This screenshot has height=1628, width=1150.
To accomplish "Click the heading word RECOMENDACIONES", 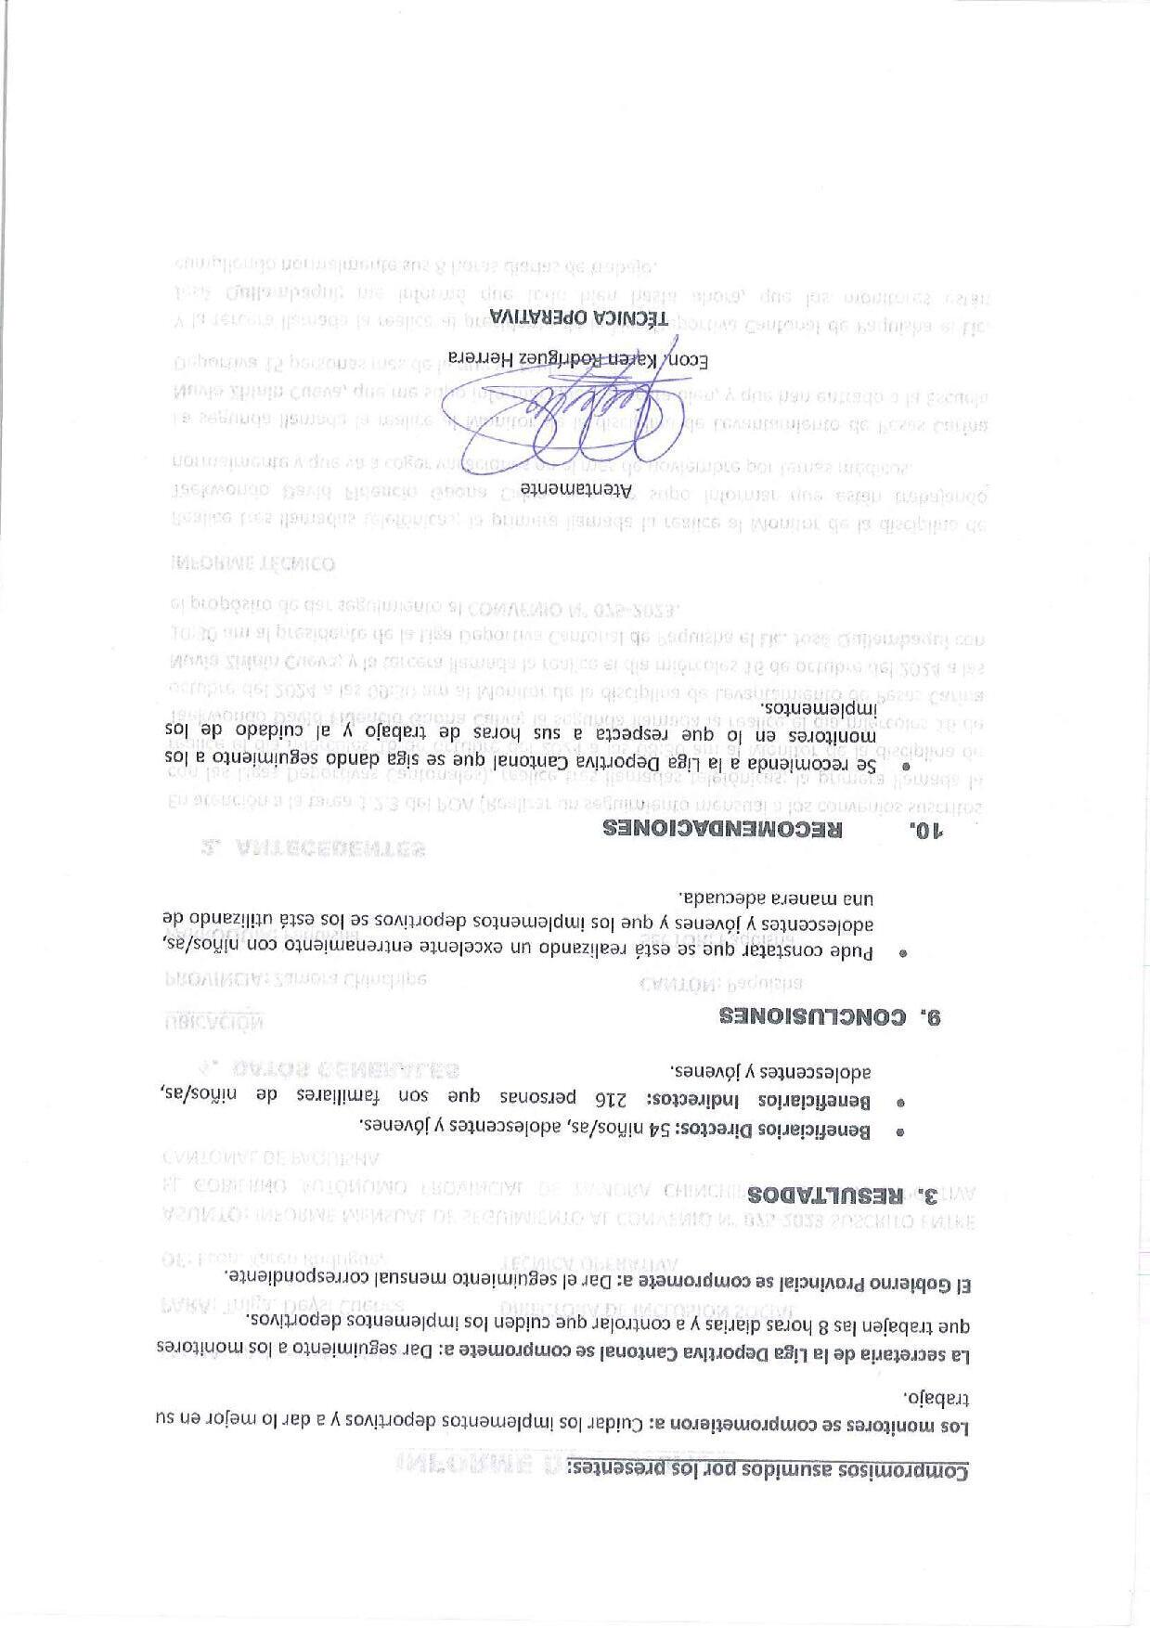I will click(x=722, y=829).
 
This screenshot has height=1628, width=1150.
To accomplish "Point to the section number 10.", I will click(x=926, y=829).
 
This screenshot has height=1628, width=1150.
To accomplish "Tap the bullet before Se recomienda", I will click(x=908, y=766).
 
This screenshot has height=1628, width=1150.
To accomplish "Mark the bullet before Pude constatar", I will click(x=899, y=952).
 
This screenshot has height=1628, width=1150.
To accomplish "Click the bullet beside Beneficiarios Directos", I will click(x=899, y=1132).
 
